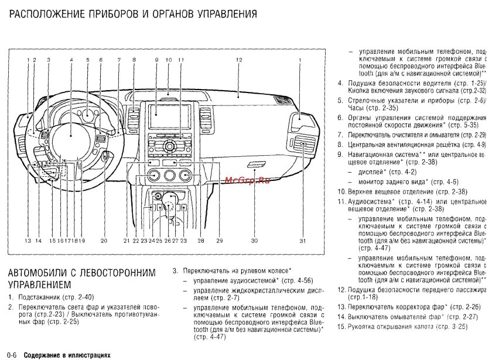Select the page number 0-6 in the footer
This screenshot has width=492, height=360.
click(13, 355)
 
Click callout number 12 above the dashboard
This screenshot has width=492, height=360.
click(240, 60)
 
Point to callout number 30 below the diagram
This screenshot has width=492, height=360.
click(254, 241)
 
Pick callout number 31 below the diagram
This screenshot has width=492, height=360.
click(302, 241)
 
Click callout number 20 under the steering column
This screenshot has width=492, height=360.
click(103, 241)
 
